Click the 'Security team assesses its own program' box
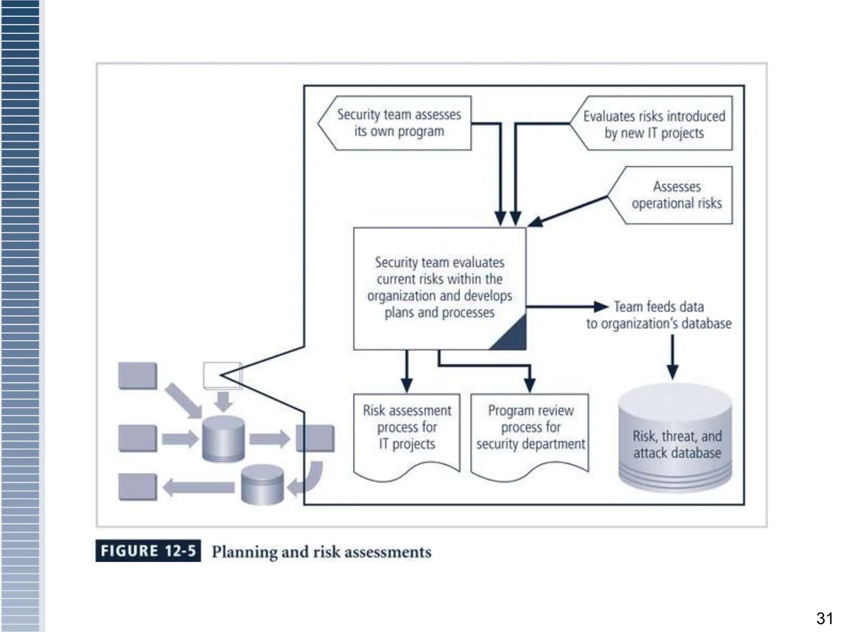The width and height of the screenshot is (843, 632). tap(398, 123)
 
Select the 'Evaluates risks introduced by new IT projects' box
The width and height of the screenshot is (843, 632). tap(654, 124)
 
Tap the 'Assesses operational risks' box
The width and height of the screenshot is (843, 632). tap(676, 195)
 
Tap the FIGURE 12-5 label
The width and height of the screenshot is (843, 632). tap(148, 551)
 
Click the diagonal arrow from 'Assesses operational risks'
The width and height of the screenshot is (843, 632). tap(568, 211)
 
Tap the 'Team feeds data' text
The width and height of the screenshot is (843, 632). tap(659, 307)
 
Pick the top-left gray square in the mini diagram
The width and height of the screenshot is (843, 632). tap(137, 376)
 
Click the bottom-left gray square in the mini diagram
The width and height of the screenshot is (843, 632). tap(137, 487)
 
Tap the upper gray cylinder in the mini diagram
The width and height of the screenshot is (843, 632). tap(224, 439)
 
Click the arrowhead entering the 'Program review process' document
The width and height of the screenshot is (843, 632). tap(530, 386)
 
